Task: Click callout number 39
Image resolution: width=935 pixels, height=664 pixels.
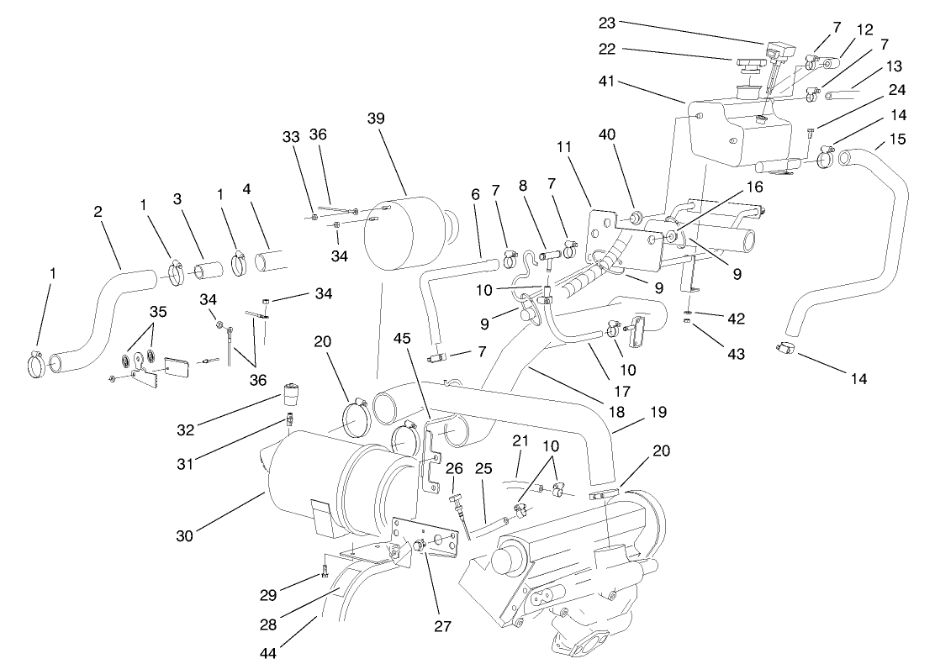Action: point(376,118)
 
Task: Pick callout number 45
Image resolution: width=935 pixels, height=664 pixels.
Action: point(404,339)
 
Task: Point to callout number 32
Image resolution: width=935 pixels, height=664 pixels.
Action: point(186,429)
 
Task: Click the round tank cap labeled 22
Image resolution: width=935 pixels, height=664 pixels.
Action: point(746,64)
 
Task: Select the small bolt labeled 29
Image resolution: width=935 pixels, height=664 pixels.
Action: point(325,574)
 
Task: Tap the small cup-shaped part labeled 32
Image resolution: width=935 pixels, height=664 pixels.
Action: point(290,393)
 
